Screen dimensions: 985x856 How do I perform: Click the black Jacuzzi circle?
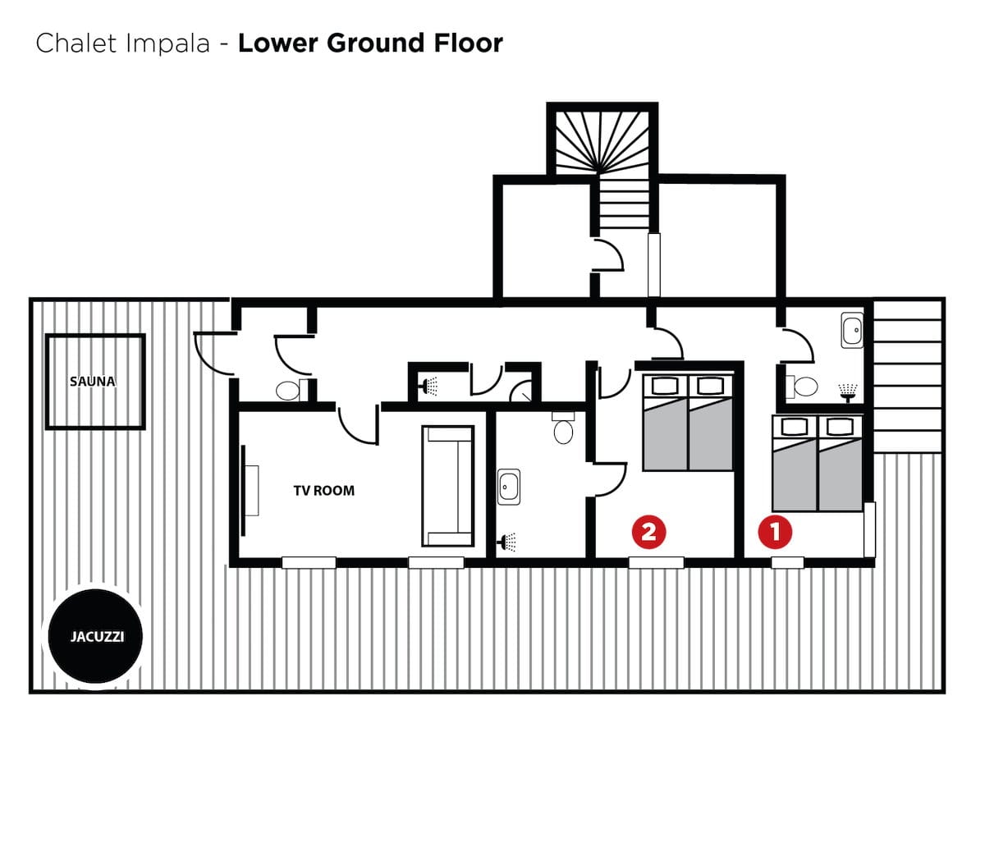coord(95,636)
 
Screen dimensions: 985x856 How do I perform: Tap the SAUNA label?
coord(93,382)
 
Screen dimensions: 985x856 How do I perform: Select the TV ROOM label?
coord(324,490)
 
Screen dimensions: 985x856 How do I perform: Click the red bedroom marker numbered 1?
coord(775,532)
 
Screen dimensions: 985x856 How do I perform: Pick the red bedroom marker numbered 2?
coord(649,532)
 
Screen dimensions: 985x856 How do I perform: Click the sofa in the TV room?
coord(447,486)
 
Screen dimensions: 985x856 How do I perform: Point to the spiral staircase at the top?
coord(602,144)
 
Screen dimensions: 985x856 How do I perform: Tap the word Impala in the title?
coord(167,43)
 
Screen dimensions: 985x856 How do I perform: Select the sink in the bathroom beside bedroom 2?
coord(509,487)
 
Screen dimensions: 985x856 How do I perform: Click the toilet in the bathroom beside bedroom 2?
coord(563,428)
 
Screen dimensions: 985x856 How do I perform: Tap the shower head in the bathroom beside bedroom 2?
coord(507,542)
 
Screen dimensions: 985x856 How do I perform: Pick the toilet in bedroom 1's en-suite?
coord(802,387)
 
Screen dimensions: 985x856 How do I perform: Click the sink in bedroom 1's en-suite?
coord(852,330)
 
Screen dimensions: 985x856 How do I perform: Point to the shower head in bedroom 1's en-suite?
coord(847,392)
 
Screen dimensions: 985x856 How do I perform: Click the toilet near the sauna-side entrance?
coord(291,390)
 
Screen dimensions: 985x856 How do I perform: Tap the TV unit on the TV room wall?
coord(250,490)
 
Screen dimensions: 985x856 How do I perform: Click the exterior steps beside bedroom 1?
coord(908,376)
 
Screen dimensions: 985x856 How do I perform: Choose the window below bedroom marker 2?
coord(656,562)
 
